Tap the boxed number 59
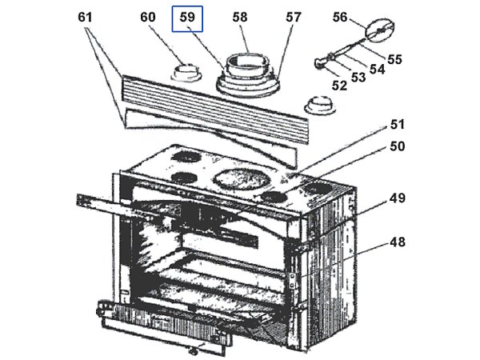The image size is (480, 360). click(x=190, y=18)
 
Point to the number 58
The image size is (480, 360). click(x=240, y=17)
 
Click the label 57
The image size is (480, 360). click(x=294, y=17)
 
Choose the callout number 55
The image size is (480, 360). click(x=394, y=58)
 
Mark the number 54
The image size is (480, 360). click(x=377, y=69)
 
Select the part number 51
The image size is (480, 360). click(x=398, y=125)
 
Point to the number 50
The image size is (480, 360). click(x=398, y=146)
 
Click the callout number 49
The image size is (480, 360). click(x=398, y=198)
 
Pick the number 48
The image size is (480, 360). click(x=398, y=241)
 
